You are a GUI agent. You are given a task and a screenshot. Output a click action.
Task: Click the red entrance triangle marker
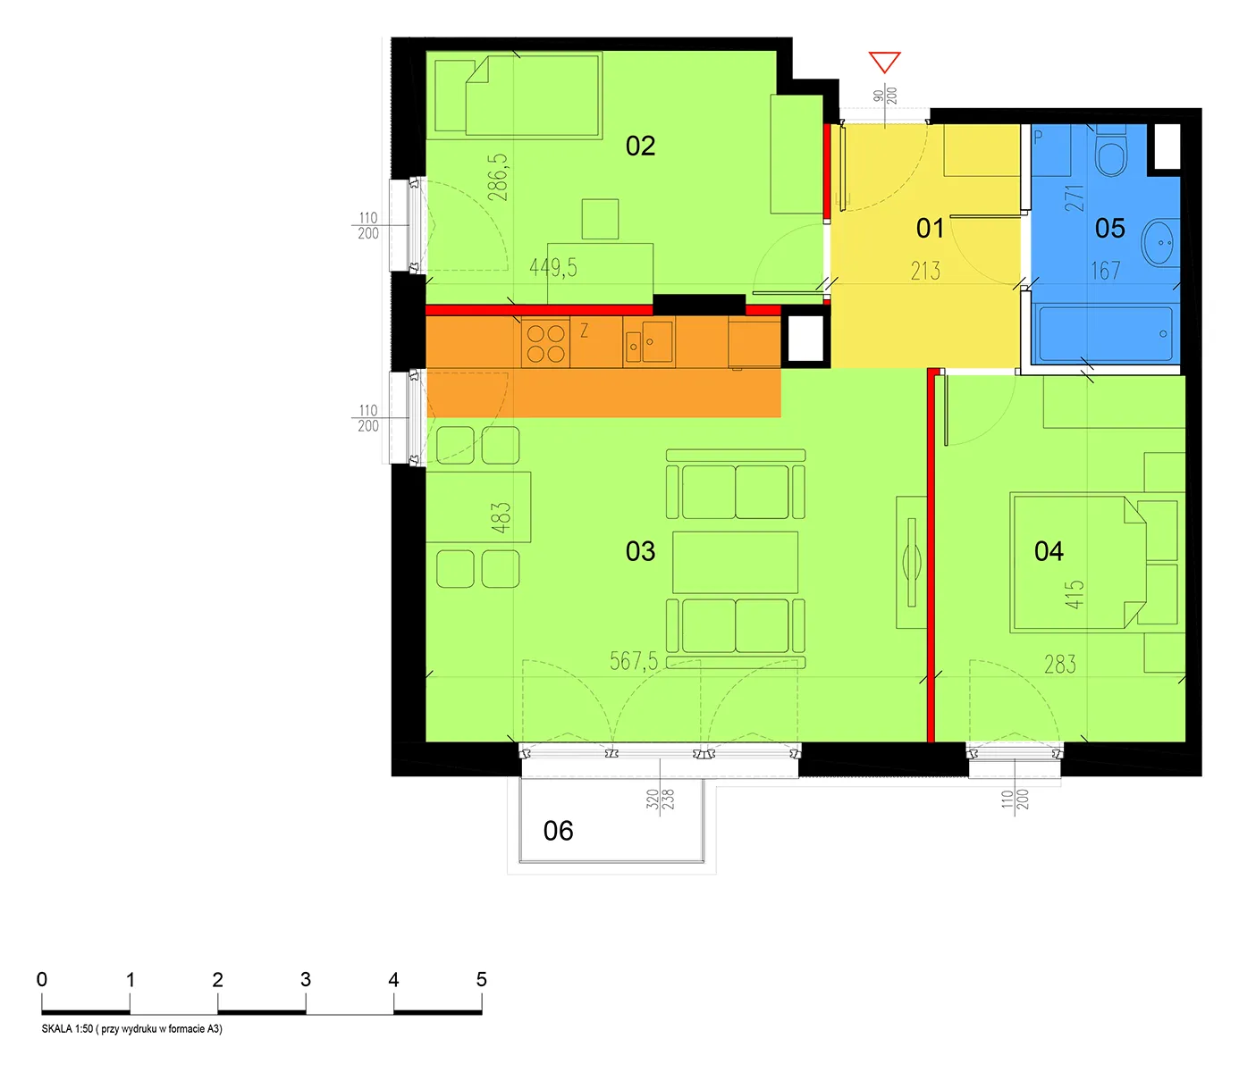pos(884,62)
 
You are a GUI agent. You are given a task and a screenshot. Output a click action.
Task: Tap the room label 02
pos(640,147)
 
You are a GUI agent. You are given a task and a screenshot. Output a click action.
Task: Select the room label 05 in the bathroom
pos(1109,228)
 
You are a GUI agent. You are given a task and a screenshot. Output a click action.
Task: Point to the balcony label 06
pos(558,831)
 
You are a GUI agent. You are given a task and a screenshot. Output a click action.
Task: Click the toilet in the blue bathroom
pos(1111,150)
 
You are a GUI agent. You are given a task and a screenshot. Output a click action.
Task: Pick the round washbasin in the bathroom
pos(1159,242)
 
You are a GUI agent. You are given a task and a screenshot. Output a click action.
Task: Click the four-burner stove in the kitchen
pos(545,343)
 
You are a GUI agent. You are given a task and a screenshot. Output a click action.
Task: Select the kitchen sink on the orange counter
pos(649,341)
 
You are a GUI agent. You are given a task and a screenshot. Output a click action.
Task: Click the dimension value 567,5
pos(634,661)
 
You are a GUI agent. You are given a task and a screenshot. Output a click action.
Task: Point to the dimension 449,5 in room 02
pos(553,268)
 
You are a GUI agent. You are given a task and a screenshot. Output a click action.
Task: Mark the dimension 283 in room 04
pos(1060,664)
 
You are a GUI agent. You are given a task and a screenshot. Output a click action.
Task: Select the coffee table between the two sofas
pos(735,562)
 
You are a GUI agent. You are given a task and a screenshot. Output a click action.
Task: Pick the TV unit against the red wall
pos(911,562)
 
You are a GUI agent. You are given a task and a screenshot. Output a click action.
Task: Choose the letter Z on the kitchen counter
pos(584,331)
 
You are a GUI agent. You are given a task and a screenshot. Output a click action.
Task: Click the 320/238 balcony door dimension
pos(660,799)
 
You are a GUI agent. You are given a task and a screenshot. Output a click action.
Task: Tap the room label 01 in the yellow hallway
pos(930,228)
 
